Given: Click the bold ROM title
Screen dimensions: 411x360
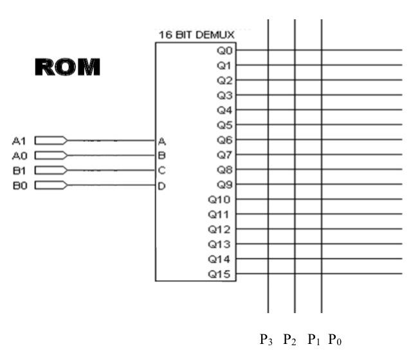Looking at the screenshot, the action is click(68, 67).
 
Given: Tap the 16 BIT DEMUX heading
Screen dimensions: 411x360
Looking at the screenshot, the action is click(196, 34).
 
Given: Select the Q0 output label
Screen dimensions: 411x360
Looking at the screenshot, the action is click(225, 50).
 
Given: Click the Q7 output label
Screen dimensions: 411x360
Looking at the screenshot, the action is click(225, 154).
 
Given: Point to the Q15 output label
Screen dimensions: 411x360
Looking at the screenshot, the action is click(222, 274).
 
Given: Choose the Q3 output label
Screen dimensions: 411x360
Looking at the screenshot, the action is click(225, 94).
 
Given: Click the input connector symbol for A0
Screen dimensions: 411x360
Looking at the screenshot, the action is click(50, 155).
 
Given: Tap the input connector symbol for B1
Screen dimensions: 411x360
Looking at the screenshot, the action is click(50, 170).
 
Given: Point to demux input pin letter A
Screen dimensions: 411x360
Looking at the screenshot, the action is click(162, 140).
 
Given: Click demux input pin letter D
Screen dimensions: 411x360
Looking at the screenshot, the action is click(162, 186).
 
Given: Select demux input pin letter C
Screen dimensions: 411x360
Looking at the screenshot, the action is click(162, 170).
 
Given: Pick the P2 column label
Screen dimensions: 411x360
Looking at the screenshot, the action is click(289, 339).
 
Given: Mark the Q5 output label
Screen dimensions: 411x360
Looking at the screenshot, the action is click(225, 125).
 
